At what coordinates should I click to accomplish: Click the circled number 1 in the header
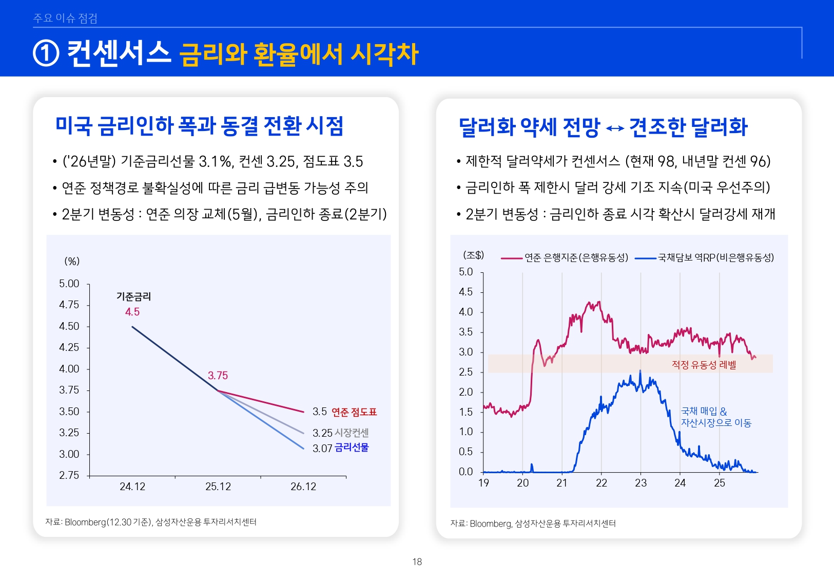[x=46, y=54]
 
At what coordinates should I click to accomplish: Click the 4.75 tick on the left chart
[x=69, y=305]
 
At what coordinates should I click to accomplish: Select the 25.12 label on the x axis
[x=218, y=487]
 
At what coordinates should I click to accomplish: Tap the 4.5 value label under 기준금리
[x=132, y=312]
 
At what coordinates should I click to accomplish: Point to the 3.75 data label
[x=218, y=376]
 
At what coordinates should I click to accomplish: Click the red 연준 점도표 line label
[x=354, y=412]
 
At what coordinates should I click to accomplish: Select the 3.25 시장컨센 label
[x=341, y=433]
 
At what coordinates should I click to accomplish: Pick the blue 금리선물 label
[x=352, y=448]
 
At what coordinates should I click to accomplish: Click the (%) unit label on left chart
[x=72, y=262]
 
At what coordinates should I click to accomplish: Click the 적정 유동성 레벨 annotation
[x=704, y=365]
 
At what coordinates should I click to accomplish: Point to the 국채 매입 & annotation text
[x=704, y=412]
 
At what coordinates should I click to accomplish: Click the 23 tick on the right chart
[x=641, y=483]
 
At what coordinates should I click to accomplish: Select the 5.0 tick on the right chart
[x=466, y=272]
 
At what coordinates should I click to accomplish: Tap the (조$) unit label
[x=473, y=255]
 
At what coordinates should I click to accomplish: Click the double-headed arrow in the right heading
[x=615, y=128]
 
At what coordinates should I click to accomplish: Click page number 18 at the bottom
[x=417, y=562]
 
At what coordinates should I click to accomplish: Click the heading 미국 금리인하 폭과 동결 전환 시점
[x=199, y=126]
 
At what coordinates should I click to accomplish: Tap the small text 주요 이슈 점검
[x=65, y=18]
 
